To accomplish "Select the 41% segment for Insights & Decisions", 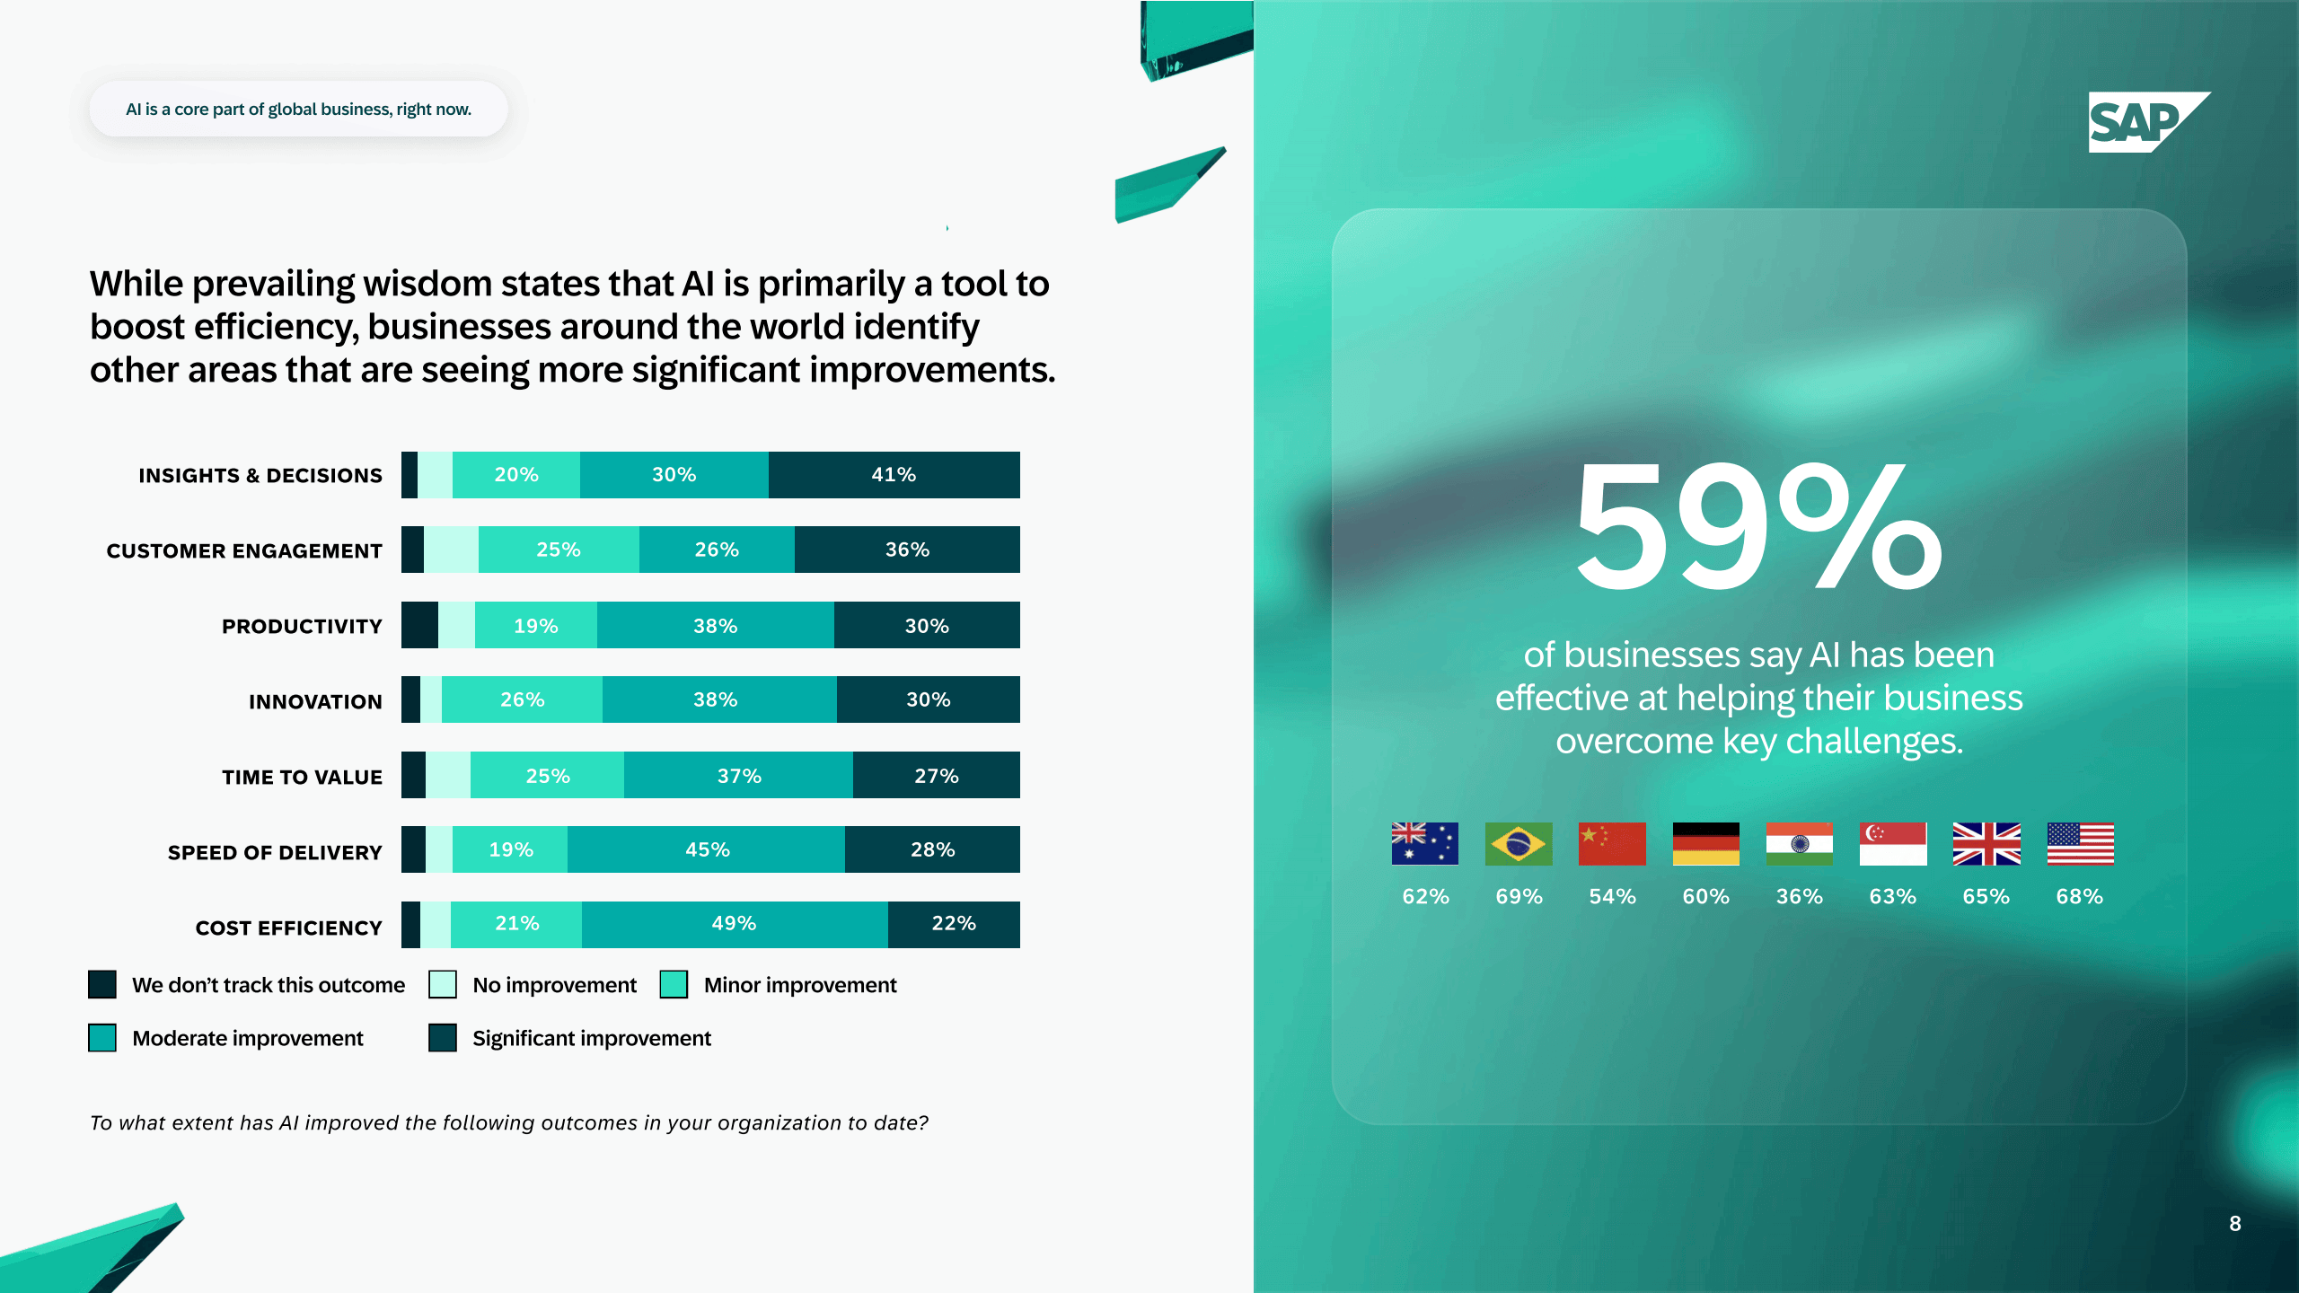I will click(x=894, y=475).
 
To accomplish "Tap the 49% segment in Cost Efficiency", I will click(x=734, y=924).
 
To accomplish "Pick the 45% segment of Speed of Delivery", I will click(x=707, y=849).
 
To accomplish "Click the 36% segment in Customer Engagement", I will click(x=907, y=550).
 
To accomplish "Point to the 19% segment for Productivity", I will click(x=536, y=626).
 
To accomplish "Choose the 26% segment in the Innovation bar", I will click(x=522, y=699).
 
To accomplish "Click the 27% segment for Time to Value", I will click(x=936, y=776).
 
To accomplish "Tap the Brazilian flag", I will click(x=1519, y=844).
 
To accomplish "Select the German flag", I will click(x=1705, y=844).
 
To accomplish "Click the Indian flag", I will click(x=1799, y=844).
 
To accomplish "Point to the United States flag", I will click(x=2080, y=844).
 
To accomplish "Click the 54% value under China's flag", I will click(x=1612, y=896).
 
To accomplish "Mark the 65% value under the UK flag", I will click(x=1986, y=896).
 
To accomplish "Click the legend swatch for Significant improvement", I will click(x=443, y=1038).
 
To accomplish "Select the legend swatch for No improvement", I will click(x=443, y=985).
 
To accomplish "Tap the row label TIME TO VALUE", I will click(x=302, y=778).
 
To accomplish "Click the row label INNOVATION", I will click(x=315, y=702).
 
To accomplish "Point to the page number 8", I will click(x=2234, y=1224).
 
